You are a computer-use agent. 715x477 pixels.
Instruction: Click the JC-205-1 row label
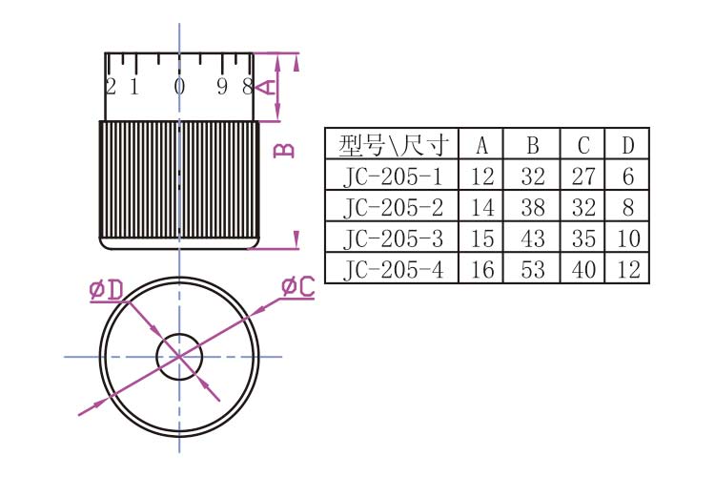(x=392, y=176)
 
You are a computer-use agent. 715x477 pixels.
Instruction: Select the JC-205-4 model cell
(x=392, y=269)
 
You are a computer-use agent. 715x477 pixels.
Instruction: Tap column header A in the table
(x=482, y=145)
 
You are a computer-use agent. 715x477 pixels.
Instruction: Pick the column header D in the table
(x=627, y=145)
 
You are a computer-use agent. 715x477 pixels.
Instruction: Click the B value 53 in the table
(x=533, y=269)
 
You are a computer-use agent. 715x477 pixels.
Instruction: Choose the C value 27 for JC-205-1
(x=583, y=176)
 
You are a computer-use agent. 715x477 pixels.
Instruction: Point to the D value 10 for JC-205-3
(x=627, y=238)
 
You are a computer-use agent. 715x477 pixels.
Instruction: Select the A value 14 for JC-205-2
(x=482, y=207)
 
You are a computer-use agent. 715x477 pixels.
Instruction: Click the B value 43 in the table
(x=533, y=238)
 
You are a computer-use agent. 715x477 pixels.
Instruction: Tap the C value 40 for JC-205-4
(x=583, y=269)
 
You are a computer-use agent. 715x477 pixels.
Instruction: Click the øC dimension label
(x=297, y=285)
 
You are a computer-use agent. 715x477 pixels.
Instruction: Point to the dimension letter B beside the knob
(x=283, y=150)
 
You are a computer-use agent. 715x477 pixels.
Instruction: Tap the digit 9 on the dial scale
(x=222, y=87)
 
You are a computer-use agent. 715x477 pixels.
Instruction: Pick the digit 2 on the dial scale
(x=111, y=87)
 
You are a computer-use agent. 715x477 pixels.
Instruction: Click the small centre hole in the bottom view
(x=179, y=356)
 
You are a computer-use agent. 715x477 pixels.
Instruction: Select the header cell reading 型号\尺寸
(x=392, y=145)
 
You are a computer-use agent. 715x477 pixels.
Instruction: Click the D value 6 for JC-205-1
(x=627, y=176)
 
